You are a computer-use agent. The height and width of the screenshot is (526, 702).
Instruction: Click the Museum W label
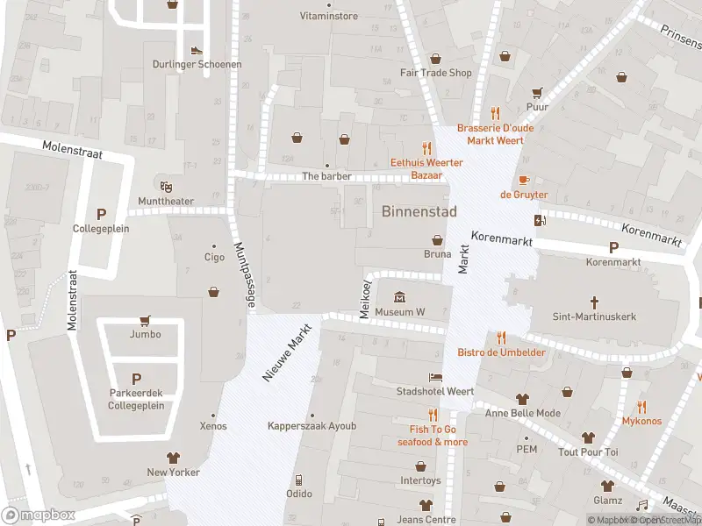(399, 312)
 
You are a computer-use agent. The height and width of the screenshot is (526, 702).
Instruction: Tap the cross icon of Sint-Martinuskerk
(594, 302)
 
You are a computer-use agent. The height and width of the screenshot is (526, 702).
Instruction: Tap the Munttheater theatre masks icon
(164, 185)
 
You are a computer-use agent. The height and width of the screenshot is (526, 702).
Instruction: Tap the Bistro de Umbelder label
(501, 352)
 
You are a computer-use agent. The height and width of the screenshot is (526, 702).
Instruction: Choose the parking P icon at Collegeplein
(101, 214)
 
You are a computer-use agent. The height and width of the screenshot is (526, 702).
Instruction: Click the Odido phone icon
(298, 480)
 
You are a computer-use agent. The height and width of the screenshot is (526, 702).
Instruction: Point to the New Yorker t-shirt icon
(173, 458)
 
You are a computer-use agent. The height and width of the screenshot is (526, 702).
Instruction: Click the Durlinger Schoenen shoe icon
(197, 50)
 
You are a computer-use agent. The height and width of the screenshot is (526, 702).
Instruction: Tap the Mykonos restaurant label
(641, 421)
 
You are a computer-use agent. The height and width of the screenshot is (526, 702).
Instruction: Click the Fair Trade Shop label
(435, 73)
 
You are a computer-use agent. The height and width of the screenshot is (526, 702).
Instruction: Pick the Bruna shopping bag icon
(437, 240)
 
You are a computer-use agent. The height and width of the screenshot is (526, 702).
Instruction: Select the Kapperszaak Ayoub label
(312, 426)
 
